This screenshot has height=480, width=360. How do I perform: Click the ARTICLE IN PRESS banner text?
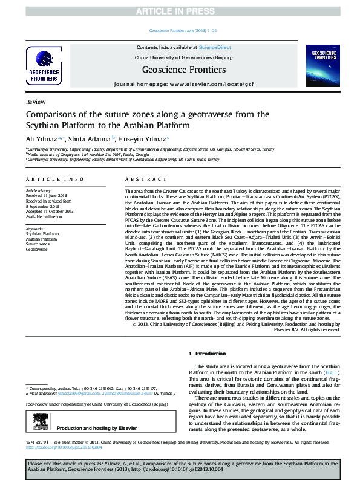(180, 10)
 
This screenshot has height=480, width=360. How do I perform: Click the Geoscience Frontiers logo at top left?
(45, 66)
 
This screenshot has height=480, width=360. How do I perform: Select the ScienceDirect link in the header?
(215, 47)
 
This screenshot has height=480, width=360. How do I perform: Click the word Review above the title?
(35, 103)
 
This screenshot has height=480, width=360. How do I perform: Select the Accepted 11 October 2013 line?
(50, 211)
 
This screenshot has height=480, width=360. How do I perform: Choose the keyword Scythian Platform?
(42, 233)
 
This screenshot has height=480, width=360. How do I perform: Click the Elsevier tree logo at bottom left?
(40, 423)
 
